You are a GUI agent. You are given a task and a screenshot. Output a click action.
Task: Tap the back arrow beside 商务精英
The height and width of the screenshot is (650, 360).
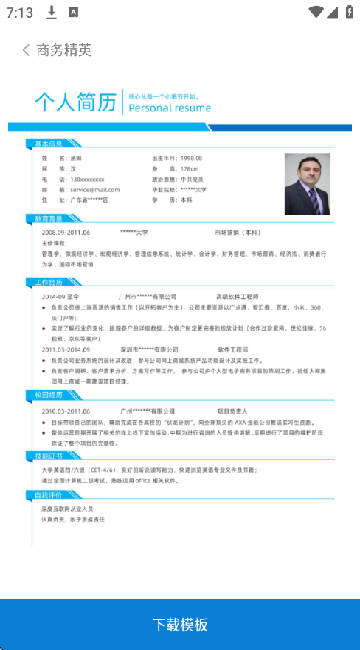[25, 50]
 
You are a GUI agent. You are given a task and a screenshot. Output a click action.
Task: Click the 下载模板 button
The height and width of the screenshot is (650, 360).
[180, 624]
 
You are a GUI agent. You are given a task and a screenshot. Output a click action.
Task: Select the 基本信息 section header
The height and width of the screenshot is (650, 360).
[49, 143]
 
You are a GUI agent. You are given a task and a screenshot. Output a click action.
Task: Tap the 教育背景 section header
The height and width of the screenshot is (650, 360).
[49, 219]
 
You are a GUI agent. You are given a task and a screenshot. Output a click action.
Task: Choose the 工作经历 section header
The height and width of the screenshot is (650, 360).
[49, 284]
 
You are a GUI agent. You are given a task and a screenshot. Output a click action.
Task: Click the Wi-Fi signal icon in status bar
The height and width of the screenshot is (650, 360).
[317, 12]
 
